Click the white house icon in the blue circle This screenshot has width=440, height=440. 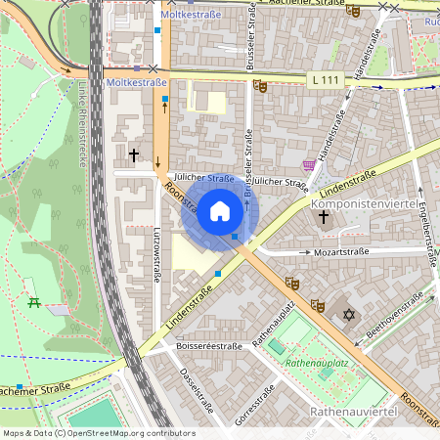point(220,210)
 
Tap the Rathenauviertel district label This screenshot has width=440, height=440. point(352,413)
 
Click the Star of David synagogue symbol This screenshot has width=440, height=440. point(349,315)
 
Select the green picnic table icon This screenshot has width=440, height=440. point(35,302)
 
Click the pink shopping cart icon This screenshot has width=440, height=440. point(309,165)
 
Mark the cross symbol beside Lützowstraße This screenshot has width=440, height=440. point(134,154)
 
